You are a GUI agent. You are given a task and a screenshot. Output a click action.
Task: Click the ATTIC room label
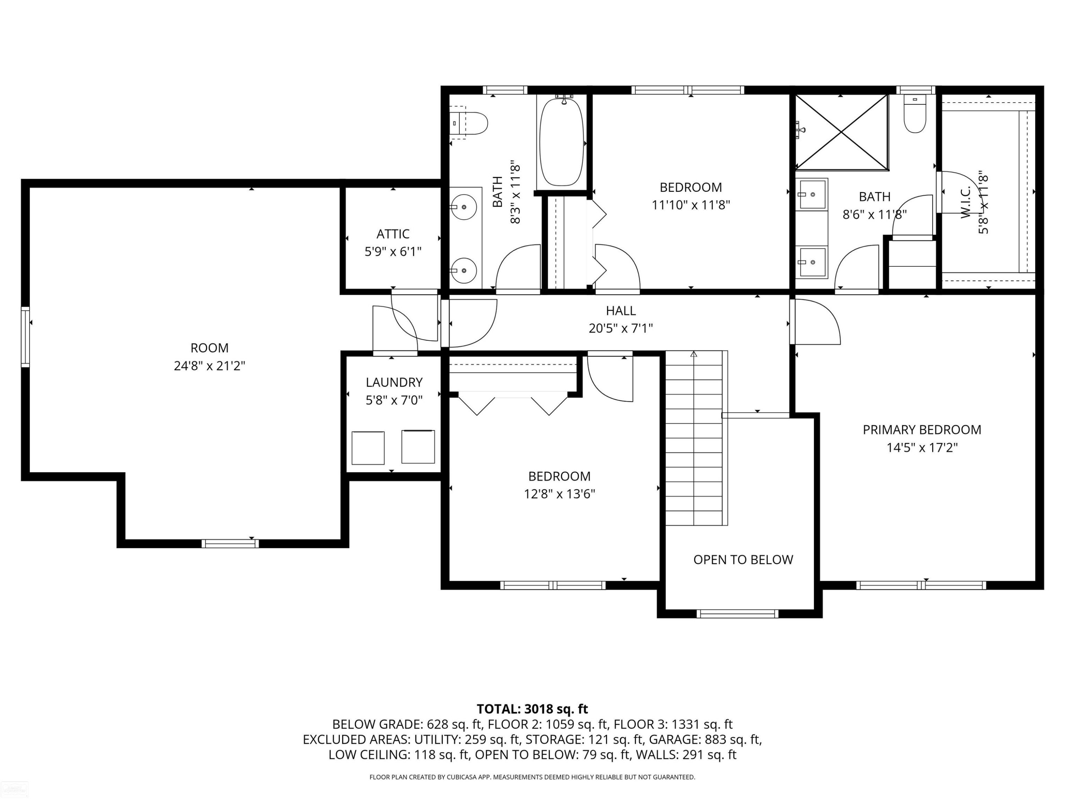point(393,234)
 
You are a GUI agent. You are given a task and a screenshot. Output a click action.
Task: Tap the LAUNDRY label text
point(394,382)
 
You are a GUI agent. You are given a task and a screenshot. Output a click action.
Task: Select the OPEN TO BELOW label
point(743,560)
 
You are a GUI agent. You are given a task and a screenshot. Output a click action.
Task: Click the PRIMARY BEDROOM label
point(922,430)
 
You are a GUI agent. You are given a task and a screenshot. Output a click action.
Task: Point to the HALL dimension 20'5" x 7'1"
point(621,328)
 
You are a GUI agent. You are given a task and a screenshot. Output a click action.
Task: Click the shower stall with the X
point(841,132)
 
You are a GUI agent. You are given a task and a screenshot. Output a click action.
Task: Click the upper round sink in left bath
point(464,207)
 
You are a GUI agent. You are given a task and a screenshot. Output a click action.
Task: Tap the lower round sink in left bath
point(464,270)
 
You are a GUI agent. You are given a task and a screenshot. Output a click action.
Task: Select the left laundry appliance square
point(368,448)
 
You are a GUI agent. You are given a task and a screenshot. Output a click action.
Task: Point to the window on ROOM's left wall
point(25,337)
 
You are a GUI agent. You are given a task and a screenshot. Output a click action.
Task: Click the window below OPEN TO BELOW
point(737,614)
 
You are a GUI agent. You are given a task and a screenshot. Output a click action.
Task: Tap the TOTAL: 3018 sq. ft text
point(532,709)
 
